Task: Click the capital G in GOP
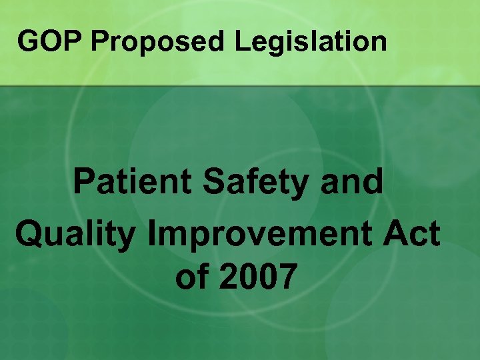(28, 41)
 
